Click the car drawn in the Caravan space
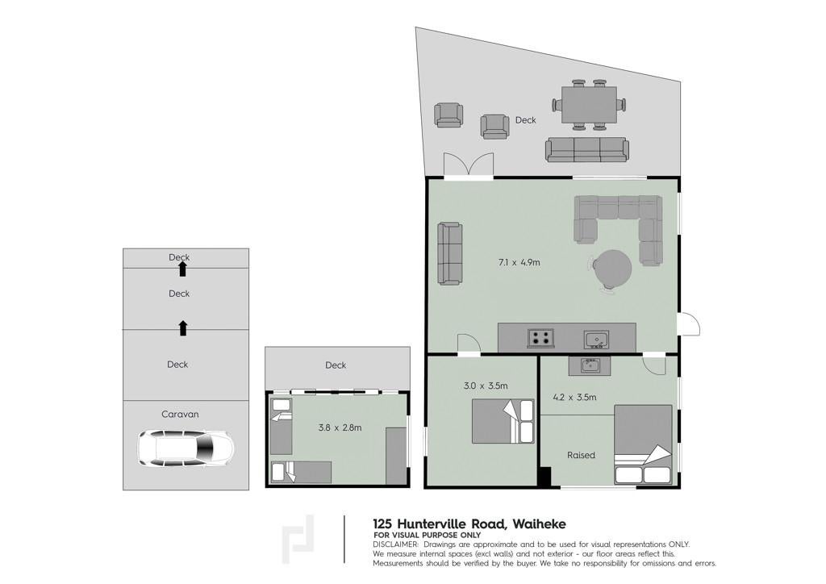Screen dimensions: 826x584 point(186,448)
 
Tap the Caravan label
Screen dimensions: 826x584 point(180,415)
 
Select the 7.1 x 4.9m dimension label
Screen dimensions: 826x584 point(519,262)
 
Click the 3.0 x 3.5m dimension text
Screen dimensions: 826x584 point(486,386)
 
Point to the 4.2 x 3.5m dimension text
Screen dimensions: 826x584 point(574,397)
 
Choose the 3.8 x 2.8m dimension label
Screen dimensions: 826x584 point(340,428)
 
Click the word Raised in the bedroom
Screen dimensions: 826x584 point(581,455)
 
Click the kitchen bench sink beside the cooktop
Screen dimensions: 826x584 point(596,340)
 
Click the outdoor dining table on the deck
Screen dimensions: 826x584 point(589,105)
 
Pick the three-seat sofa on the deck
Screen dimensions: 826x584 point(587,149)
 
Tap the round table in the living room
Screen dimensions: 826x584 point(612,268)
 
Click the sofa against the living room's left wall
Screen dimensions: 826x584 point(450,253)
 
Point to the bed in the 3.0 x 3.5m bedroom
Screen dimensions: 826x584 point(503,421)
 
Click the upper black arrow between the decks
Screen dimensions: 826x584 point(182,269)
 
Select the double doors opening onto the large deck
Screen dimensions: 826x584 point(469,164)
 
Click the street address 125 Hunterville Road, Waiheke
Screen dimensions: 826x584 point(469,524)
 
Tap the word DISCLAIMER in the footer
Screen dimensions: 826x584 point(395,544)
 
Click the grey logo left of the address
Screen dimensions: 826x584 point(298,540)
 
